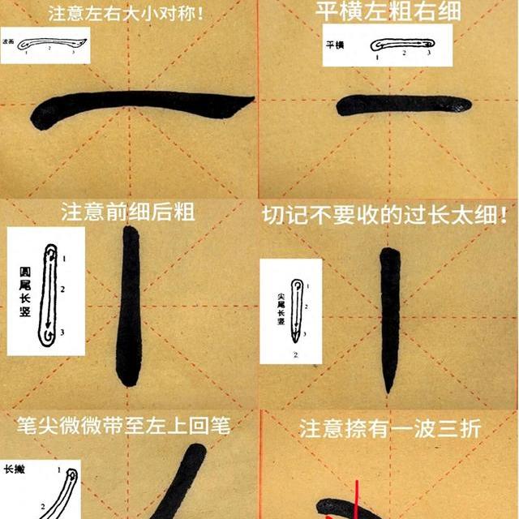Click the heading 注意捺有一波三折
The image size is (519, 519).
(x=390, y=428)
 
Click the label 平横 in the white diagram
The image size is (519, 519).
(x=334, y=45)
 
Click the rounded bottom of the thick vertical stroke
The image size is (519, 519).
(x=127, y=378)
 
